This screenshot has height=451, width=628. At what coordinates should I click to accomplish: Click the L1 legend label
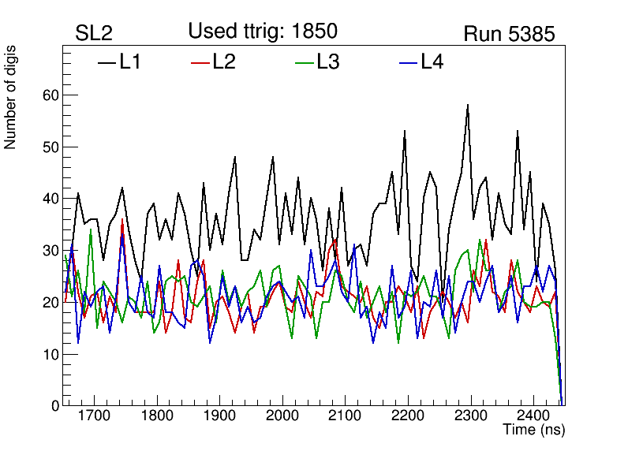[x=130, y=61]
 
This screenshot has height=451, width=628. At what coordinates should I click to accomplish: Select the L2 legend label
[x=224, y=61]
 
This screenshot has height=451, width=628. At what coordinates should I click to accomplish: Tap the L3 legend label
[x=327, y=61]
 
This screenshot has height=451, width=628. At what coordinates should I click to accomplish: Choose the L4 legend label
[x=432, y=61]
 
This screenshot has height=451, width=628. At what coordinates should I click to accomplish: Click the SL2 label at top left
[x=94, y=34]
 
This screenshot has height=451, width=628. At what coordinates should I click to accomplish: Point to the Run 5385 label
[x=509, y=34]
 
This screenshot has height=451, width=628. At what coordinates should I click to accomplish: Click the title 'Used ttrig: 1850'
[x=263, y=31]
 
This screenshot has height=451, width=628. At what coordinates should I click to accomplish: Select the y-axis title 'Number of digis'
[x=11, y=97]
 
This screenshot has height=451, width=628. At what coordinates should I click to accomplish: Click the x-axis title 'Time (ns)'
[x=534, y=430]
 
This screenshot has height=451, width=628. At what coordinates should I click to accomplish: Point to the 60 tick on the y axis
[x=49, y=95]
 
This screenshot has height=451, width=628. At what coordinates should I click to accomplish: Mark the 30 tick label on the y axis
[x=49, y=251]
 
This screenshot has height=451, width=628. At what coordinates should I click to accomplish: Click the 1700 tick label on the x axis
[x=94, y=416]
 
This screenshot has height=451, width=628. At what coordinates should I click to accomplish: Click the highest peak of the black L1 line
[x=468, y=105]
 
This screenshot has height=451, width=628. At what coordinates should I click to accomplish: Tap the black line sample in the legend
[x=107, y=61]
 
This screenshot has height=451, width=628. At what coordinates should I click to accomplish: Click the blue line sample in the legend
[x=407, y=61]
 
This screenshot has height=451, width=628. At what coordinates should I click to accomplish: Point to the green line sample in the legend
[x=304, y=61]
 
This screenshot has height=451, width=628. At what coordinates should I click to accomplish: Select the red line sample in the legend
[x=200, y=61]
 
